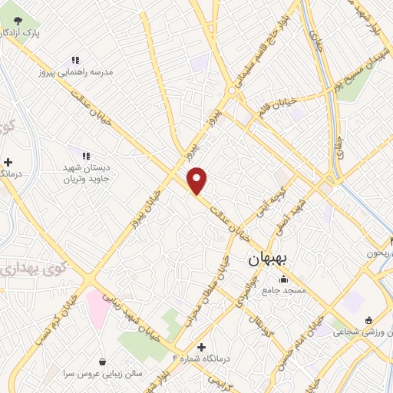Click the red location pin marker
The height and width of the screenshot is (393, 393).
point(197,180)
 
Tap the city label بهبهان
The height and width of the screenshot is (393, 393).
point(268,260)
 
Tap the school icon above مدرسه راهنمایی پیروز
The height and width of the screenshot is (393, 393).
point(75,59)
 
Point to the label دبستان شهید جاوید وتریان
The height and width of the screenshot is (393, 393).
point(85,170)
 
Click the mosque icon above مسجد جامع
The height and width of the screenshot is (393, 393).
point(285,279)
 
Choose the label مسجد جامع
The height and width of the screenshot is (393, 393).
point(285,291)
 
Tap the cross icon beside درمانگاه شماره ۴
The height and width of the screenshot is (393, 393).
point(202,346)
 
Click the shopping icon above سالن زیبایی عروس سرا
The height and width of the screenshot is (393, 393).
point(102,361)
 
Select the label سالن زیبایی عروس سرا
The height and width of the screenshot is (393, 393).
point(102,373)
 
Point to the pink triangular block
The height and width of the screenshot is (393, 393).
point(99,306)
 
